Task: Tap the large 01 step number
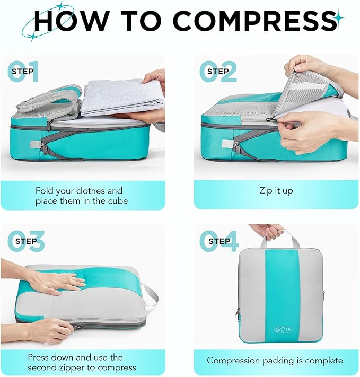point(24,73)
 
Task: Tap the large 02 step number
point(217,73)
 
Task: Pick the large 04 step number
point(218,241)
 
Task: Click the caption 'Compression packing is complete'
point(275,361)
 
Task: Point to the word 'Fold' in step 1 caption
point(45,190)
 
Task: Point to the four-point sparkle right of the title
point(339,19)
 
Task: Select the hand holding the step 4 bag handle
point(268,231)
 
